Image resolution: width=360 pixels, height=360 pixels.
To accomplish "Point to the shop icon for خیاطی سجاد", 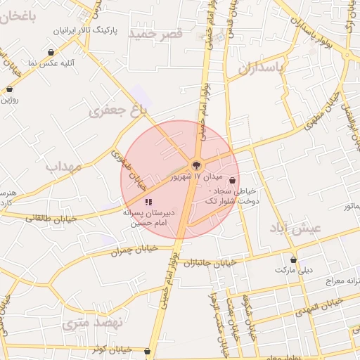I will (x=232, y=180).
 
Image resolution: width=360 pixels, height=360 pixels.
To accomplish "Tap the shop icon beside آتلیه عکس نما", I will (x=51, y=53).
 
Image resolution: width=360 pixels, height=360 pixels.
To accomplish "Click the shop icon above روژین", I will (x=9, y=89).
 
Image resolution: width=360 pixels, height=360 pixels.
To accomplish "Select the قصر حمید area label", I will (x=161, y=33).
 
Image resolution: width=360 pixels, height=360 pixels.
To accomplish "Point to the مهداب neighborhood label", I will (x=64, y=167).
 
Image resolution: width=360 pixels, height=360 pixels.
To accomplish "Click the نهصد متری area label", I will (x=92, y=323).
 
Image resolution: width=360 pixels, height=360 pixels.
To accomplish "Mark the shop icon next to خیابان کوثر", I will (x=146, y=351).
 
